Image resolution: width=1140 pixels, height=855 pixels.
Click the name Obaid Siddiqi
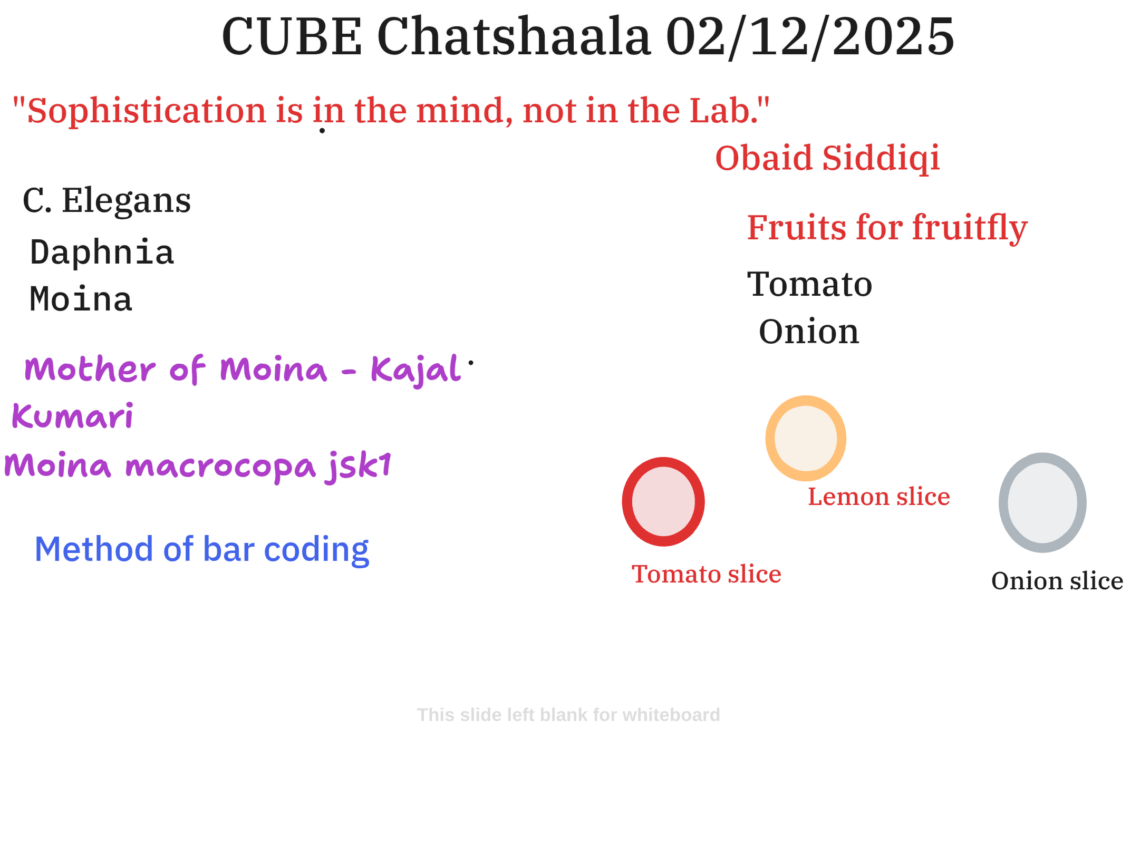(828, 158)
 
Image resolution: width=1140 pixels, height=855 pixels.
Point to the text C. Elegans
(107, 200)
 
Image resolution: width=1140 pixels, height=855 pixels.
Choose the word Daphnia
(102, 252)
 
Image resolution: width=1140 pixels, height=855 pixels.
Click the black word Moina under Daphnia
(81, 299)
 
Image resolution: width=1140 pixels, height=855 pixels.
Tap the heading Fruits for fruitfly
(887, 228)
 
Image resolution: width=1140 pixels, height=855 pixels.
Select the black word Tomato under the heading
(810, 284)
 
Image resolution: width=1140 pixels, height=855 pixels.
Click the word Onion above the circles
(809, 332)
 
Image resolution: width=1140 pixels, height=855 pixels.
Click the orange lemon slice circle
(806, 401)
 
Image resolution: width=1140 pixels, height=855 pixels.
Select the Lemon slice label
(879, 497)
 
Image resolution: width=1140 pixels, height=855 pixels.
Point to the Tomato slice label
(707, 574)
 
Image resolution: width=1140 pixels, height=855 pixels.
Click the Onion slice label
(1057, 581)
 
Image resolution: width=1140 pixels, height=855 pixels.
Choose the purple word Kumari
(73, 416)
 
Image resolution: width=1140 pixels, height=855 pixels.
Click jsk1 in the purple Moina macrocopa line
(359, 466)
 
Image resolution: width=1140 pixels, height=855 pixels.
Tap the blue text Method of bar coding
(202, 549)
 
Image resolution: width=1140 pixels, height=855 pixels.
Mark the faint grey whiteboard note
(568, 715)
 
